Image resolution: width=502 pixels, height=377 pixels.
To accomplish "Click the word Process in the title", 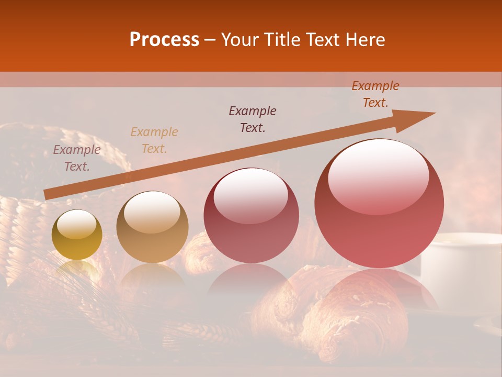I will [x=164, y=40].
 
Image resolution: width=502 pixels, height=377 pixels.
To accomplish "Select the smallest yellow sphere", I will [x=77, y=235].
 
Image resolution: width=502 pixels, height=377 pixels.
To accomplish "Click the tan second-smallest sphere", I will [x=152, y=227].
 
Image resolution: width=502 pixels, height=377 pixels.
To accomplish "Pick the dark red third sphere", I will [x=252, y=216].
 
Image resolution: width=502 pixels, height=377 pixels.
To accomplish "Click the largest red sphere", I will [x=379, y=204].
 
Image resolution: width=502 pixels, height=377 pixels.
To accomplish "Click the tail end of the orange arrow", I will [x=47, y=194].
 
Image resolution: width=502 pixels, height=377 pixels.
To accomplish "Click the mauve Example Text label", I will [x=77, y=158].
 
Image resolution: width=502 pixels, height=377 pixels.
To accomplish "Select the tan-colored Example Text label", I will [x=154, y=140].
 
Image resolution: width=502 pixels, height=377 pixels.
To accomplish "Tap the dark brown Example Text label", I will [x=253, y=119].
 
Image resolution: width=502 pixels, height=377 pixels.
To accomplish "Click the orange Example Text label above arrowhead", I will [x=375, y=94].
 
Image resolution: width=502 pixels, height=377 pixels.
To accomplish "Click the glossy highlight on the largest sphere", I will [x=379, y=176].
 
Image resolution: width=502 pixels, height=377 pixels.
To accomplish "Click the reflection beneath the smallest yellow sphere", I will [x=77, y=272].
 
